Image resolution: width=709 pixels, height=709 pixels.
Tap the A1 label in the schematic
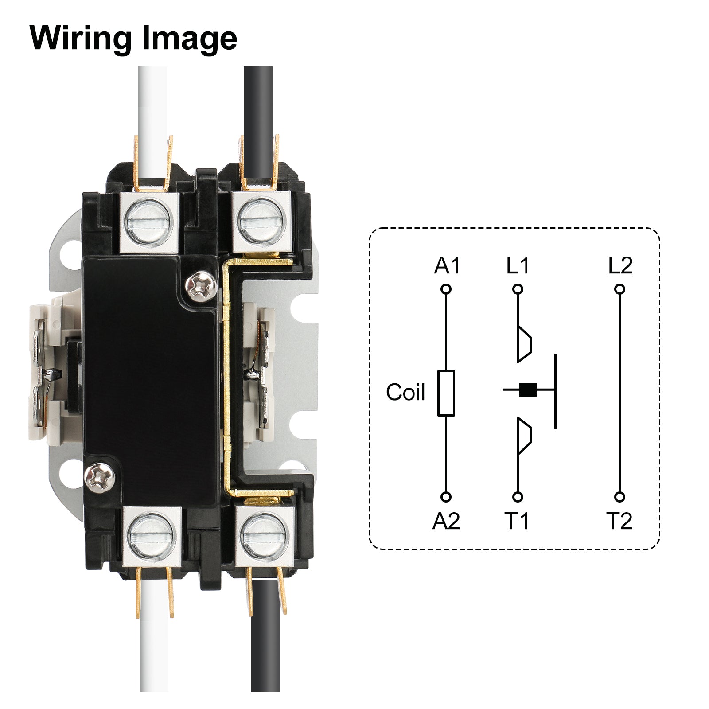447,266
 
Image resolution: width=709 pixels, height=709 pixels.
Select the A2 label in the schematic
446,521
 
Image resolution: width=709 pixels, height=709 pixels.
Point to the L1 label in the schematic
518,266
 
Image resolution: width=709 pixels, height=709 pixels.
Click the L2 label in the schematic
620,266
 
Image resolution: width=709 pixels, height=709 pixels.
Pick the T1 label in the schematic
517,521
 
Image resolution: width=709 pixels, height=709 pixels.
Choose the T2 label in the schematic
619,521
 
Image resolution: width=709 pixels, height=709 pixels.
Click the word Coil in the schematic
405,392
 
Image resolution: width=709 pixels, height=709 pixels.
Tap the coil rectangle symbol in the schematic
446,393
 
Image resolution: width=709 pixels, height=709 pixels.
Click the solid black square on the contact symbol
527,390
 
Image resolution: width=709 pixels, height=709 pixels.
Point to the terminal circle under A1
446,289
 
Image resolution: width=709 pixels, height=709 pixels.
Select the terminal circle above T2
620,497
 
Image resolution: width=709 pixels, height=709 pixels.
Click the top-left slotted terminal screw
148,221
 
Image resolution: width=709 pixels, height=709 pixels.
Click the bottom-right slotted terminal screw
264,535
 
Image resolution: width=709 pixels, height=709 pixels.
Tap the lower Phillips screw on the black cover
100,477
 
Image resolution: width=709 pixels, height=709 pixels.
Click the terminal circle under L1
518,289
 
